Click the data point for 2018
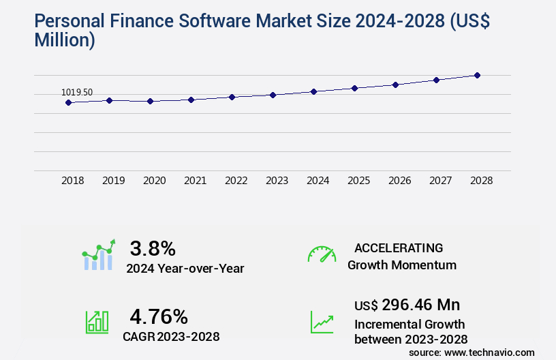(68, 102)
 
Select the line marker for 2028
(477, 75)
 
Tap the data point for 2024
(313, 91)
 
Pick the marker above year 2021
(191, 100)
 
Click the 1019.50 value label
(77, 92)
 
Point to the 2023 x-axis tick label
(277, 181)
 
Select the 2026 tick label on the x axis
(399, 181)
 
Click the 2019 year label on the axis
(113, 181)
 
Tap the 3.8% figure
(153, 247)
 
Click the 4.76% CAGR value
(159, 316)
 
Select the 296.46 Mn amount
(420, 304)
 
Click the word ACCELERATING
(399, 247)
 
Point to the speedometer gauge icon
(322, 254)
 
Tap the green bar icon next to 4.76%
(97, 321)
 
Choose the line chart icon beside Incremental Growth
(322, 321)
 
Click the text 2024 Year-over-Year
(185, 269)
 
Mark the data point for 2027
(436, 80)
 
